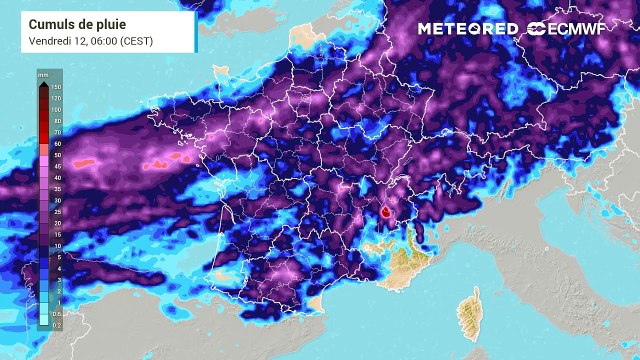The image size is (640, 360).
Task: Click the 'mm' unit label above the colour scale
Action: click(43, 75)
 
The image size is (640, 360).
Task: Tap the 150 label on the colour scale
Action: click(57, 88)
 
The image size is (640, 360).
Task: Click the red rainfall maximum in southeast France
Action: click(386, 212)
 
